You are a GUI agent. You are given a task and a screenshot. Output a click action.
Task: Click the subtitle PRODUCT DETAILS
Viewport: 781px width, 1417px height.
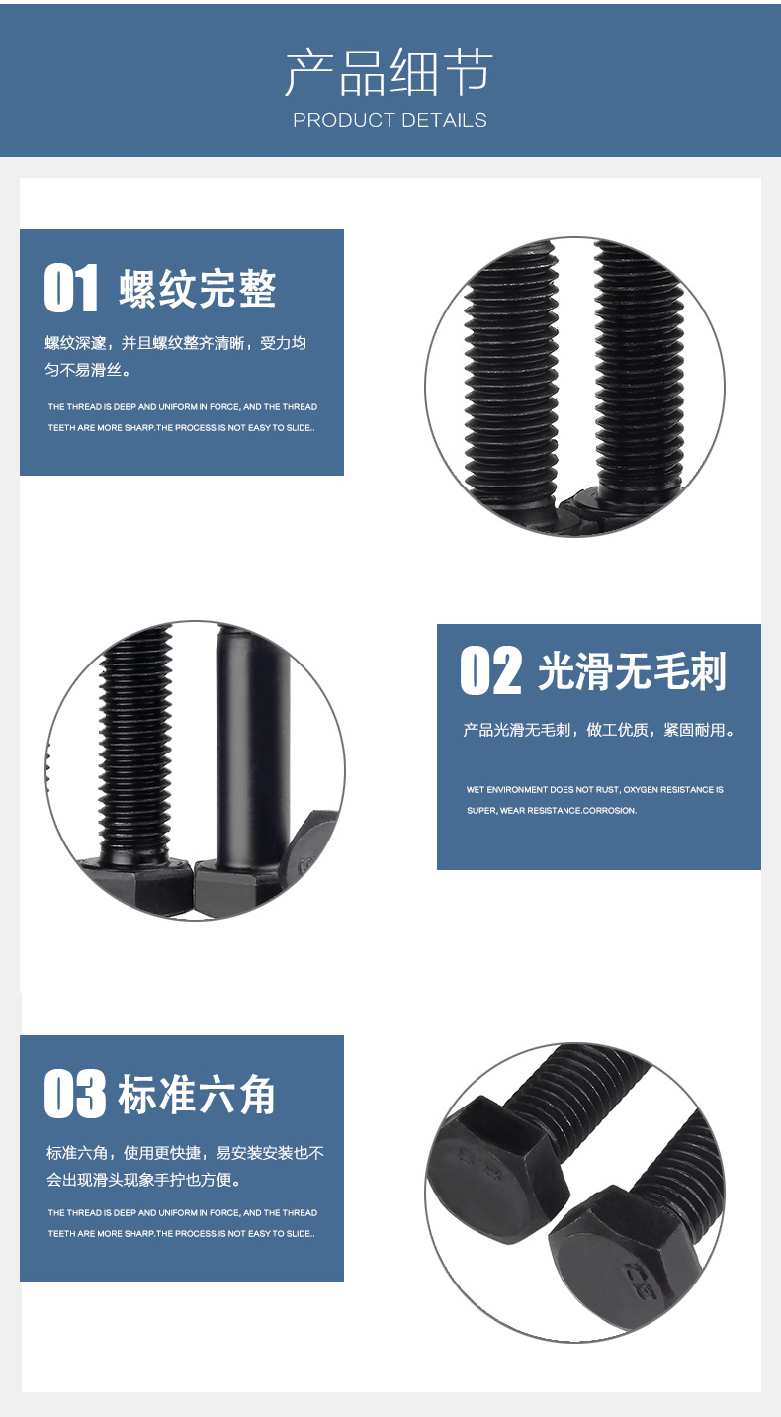pos(390,120)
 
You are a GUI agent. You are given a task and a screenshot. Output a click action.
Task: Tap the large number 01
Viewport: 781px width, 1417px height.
pos(71,288)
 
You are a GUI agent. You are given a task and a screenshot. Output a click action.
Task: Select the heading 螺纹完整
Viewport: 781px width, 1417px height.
pos(198,289)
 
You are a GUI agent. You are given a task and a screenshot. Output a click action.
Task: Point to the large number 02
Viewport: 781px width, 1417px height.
pos(490,670)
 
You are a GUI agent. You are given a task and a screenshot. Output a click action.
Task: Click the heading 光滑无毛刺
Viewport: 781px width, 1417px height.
pos(632,671)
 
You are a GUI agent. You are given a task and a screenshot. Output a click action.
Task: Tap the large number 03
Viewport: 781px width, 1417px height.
pos(74,1093)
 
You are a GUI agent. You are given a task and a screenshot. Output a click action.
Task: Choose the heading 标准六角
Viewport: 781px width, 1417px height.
pos(197,1094)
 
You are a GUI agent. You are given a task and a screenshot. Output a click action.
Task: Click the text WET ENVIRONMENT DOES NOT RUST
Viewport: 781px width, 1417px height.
pos(543,789)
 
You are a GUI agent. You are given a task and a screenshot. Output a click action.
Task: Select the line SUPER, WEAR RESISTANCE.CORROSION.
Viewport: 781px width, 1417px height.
pos(552,810)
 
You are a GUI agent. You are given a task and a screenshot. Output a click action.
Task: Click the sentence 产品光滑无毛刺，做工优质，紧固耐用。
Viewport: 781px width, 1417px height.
pos(599,730)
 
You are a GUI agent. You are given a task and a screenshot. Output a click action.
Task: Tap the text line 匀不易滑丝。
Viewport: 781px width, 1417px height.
pos(88,370)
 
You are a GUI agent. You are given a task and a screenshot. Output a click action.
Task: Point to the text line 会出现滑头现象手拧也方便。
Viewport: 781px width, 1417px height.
pos(143,1180)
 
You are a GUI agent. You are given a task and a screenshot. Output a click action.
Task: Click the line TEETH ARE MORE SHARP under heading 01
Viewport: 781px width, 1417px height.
pos(181,427)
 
